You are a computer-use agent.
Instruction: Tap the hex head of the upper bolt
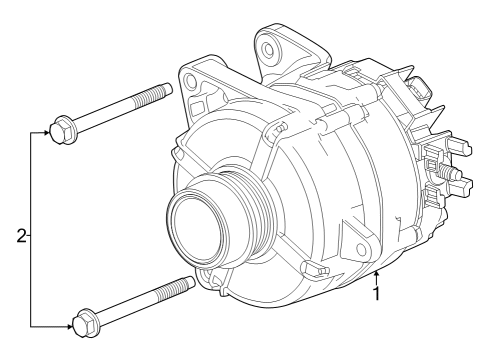click(63, 129)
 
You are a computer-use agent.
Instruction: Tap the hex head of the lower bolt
click(83, 323)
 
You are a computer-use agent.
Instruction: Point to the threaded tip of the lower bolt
click(180, 287)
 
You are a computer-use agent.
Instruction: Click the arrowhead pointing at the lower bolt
click(67, 324)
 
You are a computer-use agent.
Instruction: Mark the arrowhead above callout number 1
click(376, 274)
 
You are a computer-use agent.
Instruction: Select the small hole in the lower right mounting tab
click(359, 249)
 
